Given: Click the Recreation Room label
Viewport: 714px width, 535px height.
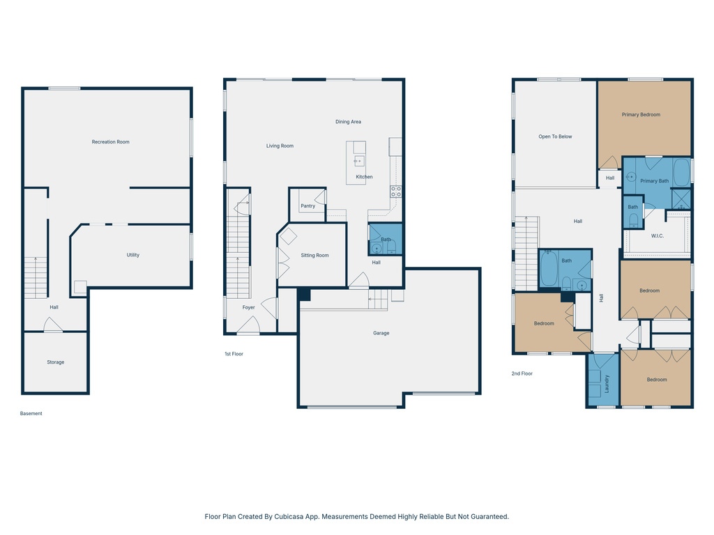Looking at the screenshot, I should point(110,142).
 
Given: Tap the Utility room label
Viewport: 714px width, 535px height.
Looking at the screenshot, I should point(132,255).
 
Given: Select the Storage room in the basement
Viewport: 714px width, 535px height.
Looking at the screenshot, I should point(56,362).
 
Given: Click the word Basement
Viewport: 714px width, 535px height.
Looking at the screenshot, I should point(31,414).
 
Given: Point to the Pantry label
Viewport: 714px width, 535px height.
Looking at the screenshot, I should point(307,206).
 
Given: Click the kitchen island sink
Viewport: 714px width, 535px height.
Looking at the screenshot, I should point(359,161).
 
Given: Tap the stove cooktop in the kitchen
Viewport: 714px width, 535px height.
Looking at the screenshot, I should point(395,192).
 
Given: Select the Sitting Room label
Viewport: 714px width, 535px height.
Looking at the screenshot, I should point(314,256).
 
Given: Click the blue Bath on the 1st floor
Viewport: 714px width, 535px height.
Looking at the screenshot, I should point(385,239).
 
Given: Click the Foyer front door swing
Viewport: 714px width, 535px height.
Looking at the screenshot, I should point(248,325).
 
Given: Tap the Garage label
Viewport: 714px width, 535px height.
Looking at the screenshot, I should point(381,333).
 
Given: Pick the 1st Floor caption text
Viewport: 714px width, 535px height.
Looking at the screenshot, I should point(234,354).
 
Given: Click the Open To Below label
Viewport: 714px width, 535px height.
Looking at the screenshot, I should point(555,137).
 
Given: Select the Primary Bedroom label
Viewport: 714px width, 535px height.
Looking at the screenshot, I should point(641,115).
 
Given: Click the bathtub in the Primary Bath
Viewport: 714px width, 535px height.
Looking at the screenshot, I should point(681,172).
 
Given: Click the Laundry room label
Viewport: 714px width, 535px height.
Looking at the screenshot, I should point(607,384).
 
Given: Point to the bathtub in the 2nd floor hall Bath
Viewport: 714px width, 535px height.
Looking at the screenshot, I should point(549,270).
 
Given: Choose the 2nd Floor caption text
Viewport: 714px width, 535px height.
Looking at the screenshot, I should point(522,374).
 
